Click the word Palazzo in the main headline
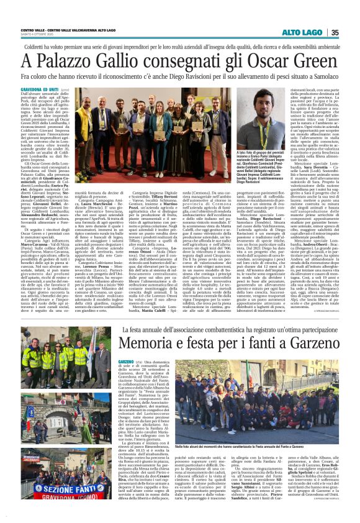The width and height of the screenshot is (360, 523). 73,63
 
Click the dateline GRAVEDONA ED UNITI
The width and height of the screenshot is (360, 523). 41,89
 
